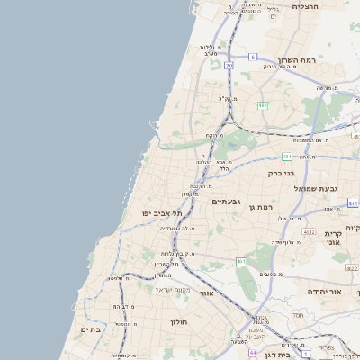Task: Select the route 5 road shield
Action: [253, 57]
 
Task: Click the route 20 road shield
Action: [229, 66]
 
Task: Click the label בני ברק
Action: [281, 173]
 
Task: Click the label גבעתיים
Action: [225, 202]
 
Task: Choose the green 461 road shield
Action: [241, 261]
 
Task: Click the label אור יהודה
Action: [324, 292]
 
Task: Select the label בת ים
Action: [93, 329]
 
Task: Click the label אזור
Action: [207, 293]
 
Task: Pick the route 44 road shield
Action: [252, 354]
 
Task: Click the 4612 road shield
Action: [309, 232]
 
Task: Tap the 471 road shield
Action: [353, 203]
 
